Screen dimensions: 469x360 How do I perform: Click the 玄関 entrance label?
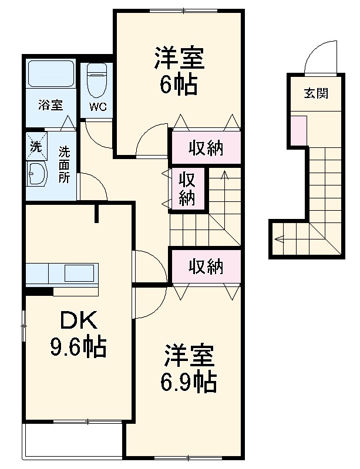tap(315, 93)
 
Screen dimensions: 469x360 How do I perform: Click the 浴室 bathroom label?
tap(50, 106)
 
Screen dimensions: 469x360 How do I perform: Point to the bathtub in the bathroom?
tap(51, 75)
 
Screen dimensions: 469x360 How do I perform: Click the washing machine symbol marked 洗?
tap(36, 146)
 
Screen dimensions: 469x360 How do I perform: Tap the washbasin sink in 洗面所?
tap(38, 173)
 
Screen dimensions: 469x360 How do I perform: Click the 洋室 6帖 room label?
tap(179, 71)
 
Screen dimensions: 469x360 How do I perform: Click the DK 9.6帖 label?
tap(77, 335)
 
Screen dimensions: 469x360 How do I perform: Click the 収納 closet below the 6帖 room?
tap(205, 148)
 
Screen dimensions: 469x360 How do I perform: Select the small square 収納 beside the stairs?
tap(187, 188)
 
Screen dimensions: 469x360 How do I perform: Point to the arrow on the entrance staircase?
tap(280, 238)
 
